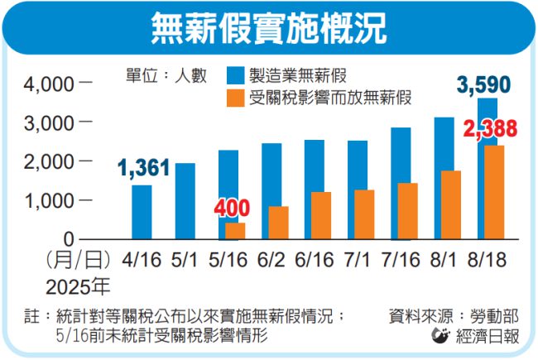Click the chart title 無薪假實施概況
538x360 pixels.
click(269, 29)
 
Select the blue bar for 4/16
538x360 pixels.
click(142, 212)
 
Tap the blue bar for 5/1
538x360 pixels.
click(185, 201)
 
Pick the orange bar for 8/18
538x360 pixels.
click(494, 192)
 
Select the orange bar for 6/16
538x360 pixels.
click(320, 215)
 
